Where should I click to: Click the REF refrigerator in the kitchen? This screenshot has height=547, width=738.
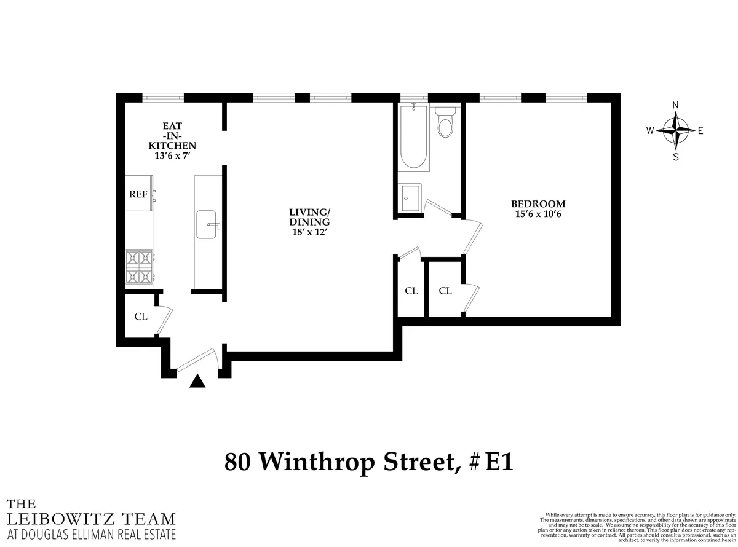138,194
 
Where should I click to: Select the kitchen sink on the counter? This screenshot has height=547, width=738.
207,224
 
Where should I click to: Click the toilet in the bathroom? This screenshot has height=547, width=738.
445,122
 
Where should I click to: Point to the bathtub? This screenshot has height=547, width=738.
414,138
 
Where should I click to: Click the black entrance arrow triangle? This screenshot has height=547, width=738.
197,382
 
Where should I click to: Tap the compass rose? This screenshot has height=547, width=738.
675,130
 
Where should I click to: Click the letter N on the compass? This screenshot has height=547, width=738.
675,104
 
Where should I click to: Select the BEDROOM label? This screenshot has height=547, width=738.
538,204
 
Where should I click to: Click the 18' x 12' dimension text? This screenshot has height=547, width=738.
309,232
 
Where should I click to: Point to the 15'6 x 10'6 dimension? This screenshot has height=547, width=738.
538,214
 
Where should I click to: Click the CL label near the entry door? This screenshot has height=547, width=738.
141,317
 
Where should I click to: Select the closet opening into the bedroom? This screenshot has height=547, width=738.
445,290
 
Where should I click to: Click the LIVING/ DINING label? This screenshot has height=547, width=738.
309,217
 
